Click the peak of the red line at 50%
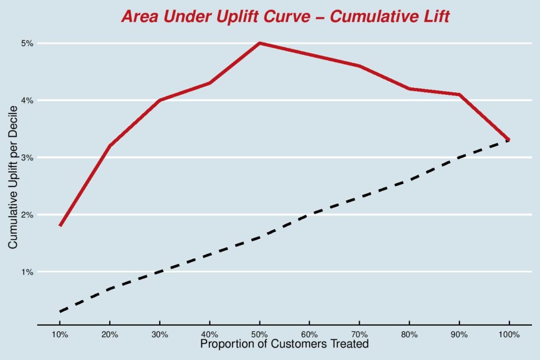(x=259, y=43)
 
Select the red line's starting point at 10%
(x=60, y=226)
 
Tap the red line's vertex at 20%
(x=110, y=145)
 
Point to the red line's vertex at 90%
(x=459, y=94)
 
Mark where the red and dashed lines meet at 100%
(x=509, y=140)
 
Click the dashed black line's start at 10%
(x=60, y=312)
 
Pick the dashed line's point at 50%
(x=259, y=237)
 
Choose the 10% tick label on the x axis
(x=60, y=335)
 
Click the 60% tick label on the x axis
(x=309, y=335)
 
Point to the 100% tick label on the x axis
(x=509, y=335)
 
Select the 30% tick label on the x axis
(x=160, y=335)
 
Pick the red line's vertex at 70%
(x=359, y=66)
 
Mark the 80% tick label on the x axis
(x=409, y=335)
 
